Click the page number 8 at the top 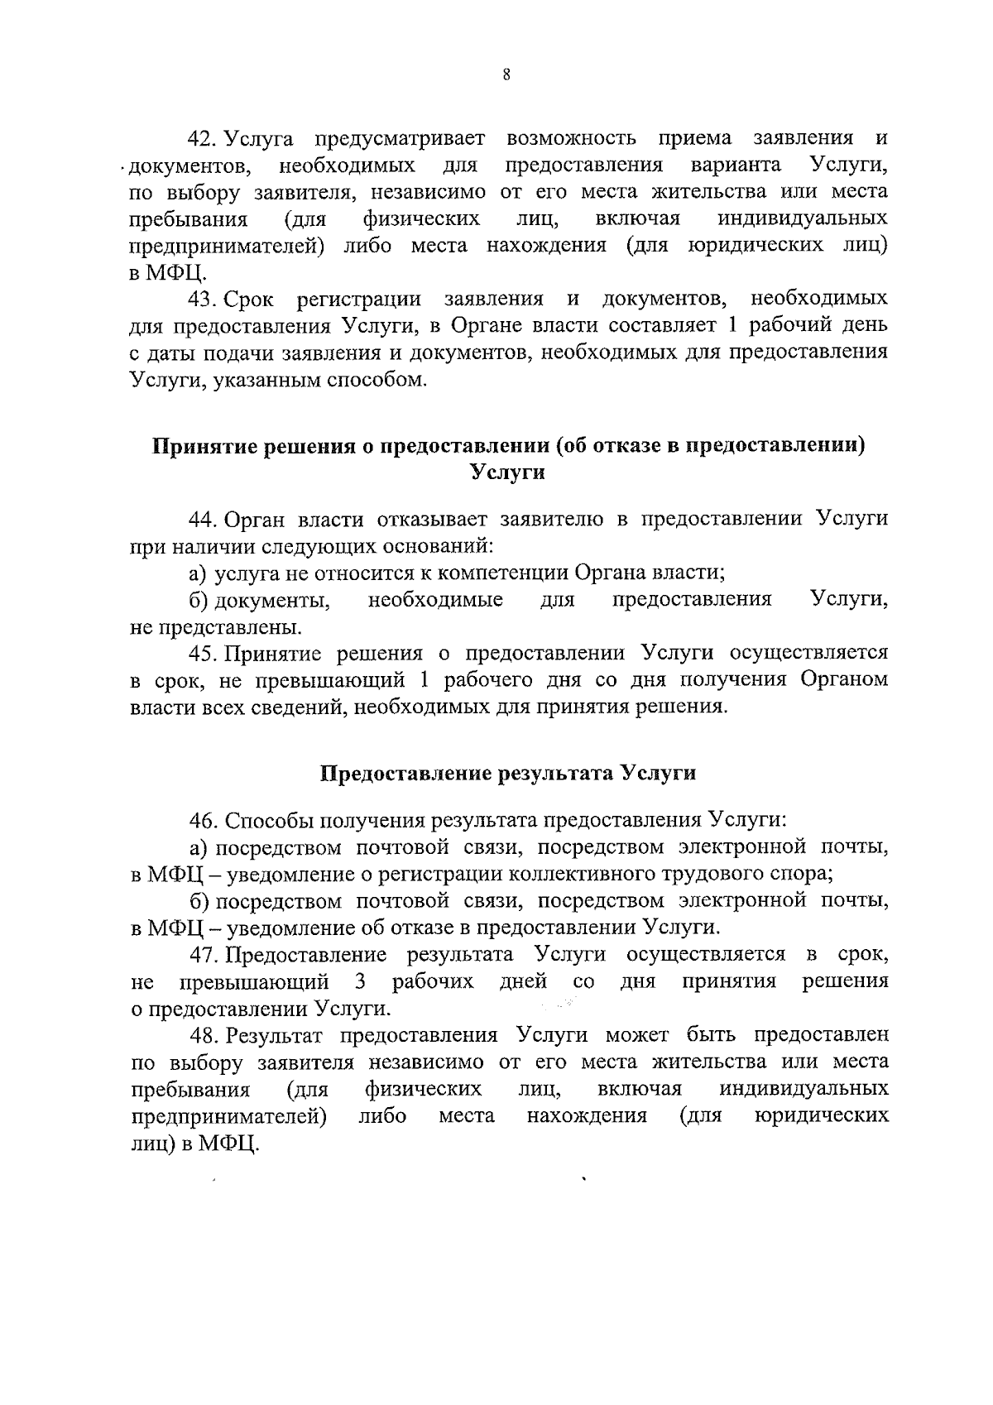506,75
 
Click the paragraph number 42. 203,138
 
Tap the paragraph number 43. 203,298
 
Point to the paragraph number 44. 203,519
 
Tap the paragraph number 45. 203,653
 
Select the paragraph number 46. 203,821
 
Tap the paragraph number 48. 203,1035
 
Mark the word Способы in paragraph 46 265,821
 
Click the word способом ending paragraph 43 386,380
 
